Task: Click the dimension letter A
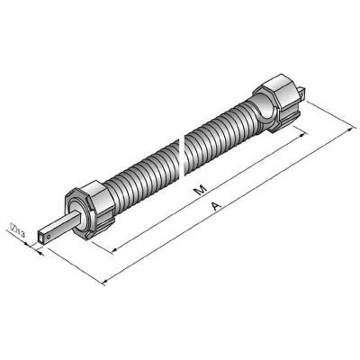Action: [216, 206]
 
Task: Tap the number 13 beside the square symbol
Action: [21, 231]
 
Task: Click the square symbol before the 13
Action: [13, 227]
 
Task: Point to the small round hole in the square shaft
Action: [49, 237]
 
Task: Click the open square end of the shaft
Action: [41, 236]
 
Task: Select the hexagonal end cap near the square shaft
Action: [89, 210]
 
